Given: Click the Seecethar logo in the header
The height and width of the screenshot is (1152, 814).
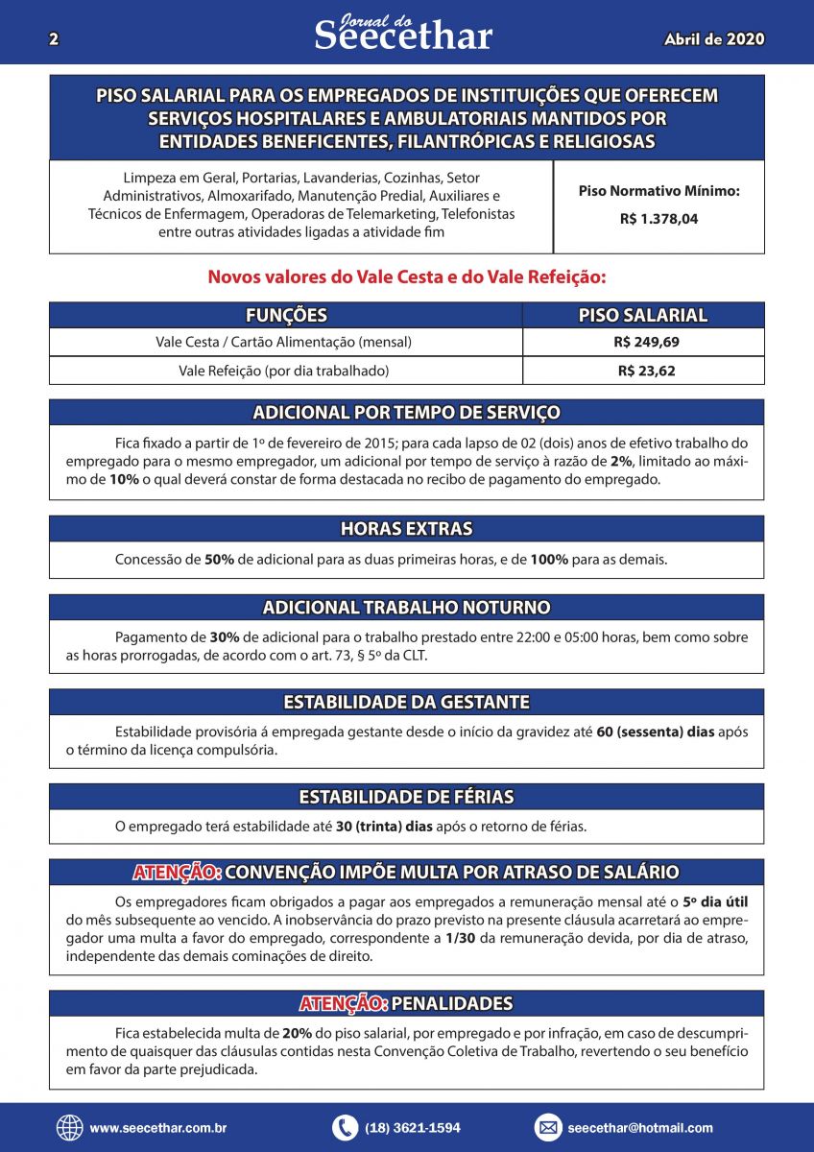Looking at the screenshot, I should tap(403, 34).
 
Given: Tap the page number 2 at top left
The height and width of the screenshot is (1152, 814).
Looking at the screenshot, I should tap(54, 39).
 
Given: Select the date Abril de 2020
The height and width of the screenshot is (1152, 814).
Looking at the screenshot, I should tap(714, 39).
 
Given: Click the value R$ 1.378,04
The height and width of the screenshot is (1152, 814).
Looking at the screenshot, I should tap(658, 219).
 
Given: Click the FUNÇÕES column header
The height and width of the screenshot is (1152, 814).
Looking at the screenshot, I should tap(286, 315).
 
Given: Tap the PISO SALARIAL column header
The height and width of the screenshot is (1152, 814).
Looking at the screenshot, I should tap(643, 315).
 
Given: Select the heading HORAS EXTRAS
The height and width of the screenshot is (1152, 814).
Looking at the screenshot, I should tap(406, 529).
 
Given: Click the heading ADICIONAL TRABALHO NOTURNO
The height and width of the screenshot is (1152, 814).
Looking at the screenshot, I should tap(406, 608).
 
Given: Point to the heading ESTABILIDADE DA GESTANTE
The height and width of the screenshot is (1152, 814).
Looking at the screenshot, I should tap(406, 702).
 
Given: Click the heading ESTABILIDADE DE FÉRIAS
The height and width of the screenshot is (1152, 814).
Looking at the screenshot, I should tap(406, 797).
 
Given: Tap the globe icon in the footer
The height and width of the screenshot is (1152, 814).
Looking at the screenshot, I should tap(70, 1128).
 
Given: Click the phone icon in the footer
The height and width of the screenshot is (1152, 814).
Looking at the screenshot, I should tap(345, 1128).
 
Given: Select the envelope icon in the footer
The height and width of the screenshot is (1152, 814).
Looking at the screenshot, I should tap(547, 1128).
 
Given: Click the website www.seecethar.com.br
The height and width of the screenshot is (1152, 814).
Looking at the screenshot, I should tap(158, 1129).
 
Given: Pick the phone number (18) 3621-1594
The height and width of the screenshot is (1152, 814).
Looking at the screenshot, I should tap(413, 1129).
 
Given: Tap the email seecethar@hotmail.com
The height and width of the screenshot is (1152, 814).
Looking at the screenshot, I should tap(640, 1129).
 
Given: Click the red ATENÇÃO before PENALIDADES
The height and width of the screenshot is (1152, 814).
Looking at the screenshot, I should tap(343, 1004).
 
